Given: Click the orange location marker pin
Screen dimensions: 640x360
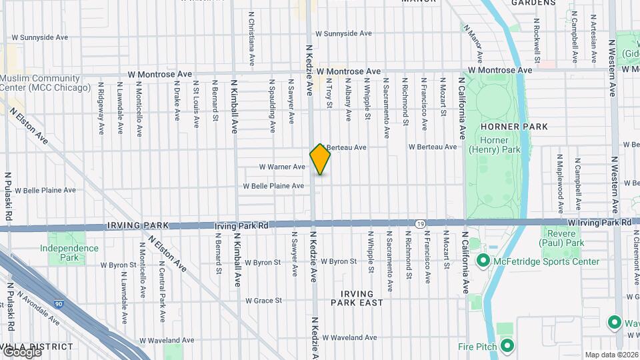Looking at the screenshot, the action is pos(320,159).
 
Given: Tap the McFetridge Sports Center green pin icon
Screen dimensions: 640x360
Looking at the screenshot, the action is pos(483,261).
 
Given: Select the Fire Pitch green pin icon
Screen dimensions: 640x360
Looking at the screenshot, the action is pos(507,346).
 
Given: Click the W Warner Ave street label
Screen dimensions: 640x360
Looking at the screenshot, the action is pos(282,167).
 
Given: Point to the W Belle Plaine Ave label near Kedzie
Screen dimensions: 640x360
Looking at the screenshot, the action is pos(273,186).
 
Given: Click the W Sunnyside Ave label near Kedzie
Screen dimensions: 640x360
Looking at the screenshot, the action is pos(343,33).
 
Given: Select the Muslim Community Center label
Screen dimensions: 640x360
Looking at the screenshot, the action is pos(45,83).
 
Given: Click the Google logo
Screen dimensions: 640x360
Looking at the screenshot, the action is pos(21,351).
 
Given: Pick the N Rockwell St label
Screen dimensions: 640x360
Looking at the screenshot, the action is pos(537,37).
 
